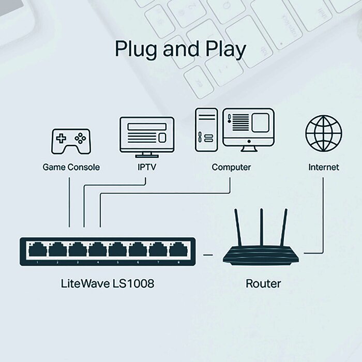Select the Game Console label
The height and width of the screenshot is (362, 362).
tap(71, 167)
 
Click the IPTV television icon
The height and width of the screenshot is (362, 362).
tap(147, 135)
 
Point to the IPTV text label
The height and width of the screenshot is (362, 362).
tap(147, 167)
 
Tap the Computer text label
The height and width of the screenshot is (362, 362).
tap(231, 167)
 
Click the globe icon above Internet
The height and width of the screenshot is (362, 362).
tap(324, 132)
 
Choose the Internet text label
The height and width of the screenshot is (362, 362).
tap(324, 167)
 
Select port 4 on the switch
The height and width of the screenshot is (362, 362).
tap(97, 251)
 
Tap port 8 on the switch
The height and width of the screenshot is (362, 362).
tap(178, 251)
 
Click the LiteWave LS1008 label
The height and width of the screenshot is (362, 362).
tap(108, 283)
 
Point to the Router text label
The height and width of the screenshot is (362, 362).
tap(263, 283)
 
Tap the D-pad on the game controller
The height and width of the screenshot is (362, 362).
tap(61, 139)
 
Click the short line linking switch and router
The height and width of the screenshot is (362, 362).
tap(208, 254)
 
